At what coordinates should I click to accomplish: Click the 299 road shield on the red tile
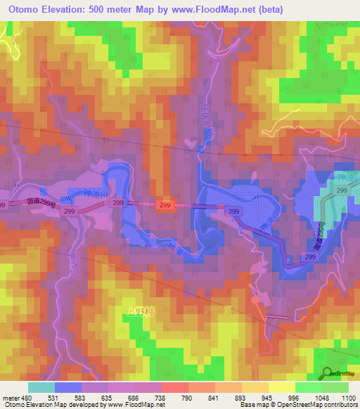[x=165, y=204]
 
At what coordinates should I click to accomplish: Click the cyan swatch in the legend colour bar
[x=41, y=387]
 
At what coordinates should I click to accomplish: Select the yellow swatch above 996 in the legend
[x=282, y=387]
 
